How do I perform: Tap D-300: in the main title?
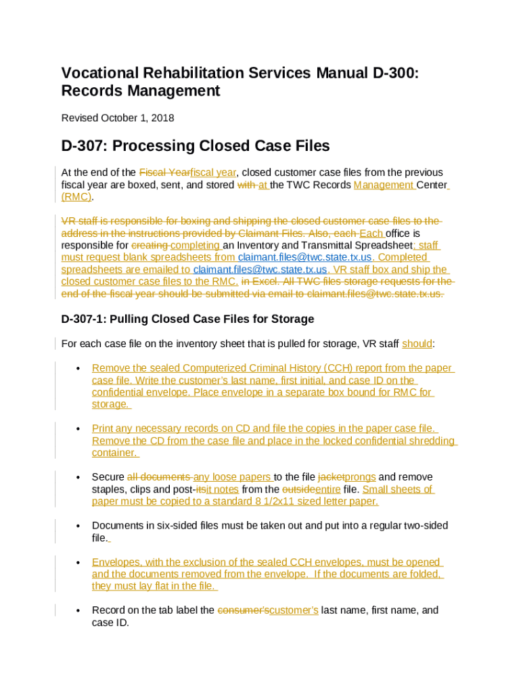coord(390,72)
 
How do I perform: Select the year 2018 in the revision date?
coord(163,118)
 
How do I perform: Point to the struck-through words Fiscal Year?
coord(165,173)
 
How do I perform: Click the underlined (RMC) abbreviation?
coord(76,197)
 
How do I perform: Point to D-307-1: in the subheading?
coord(87,319)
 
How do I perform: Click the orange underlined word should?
coord(417,344)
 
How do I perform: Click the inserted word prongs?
coord(360,477)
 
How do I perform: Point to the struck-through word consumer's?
coord(243,610)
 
